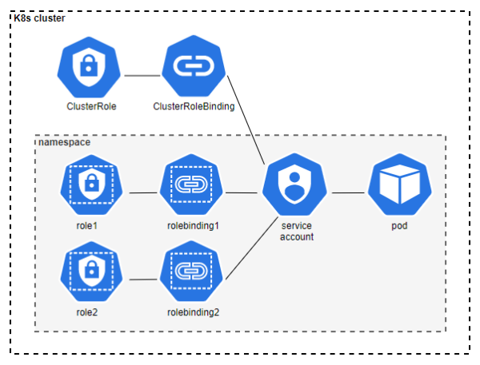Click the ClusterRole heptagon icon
(90, 70)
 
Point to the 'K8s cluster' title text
(40, 18)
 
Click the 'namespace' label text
(64, 141)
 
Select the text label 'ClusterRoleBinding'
(194, 106)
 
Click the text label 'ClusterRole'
(90, 106)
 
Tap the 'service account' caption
(297, 232)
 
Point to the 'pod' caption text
(400, 227)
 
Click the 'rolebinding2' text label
(193, 311)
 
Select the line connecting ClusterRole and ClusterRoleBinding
(142, 76)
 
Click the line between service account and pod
(348, 192)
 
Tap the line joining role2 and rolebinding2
(142, 280)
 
